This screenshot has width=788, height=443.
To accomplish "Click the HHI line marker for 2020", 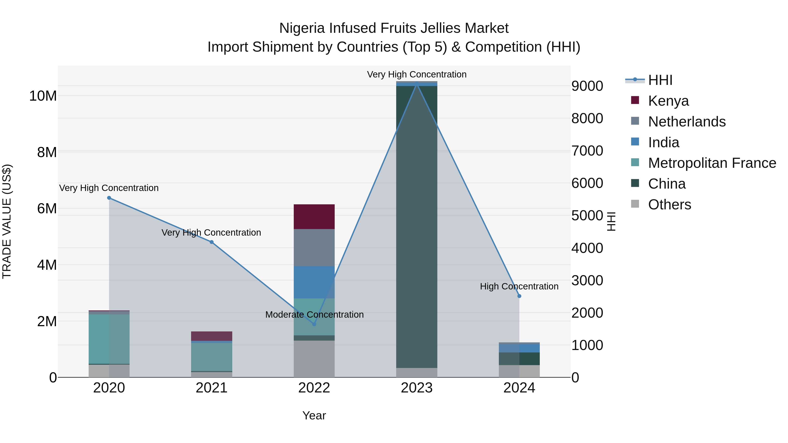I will click(x=109, y=198).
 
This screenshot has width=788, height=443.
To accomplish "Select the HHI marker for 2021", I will click(x=211, y=242).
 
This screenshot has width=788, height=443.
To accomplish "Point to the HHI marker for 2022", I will click(x=314, y=324).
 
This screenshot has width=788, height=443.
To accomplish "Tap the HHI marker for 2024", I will click(x=519, y=296).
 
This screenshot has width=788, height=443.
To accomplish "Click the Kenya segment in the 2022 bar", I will click(x=314, y=216).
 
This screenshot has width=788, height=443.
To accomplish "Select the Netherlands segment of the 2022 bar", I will click(x=314, y=248).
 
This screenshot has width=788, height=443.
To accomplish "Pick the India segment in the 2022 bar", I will click(x=314, y=282).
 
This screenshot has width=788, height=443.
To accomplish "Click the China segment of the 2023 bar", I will click(x=416, y=226).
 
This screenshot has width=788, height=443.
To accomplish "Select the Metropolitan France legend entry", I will click(x=712, y=163).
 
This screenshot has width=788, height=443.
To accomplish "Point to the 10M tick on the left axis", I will click(x=43, y=96).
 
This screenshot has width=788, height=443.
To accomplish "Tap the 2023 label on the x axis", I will click(x=416, y=388).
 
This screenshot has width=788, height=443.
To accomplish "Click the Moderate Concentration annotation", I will click(x=314, y=314).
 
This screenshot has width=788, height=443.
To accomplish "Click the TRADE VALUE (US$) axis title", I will click(x=7, y=221).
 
